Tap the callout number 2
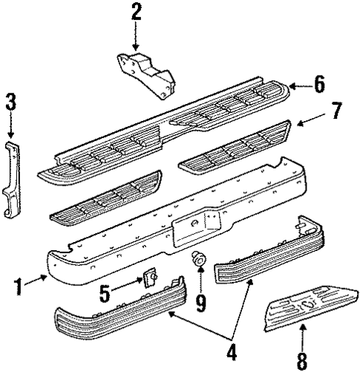[135, 12]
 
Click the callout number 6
[318, 84]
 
